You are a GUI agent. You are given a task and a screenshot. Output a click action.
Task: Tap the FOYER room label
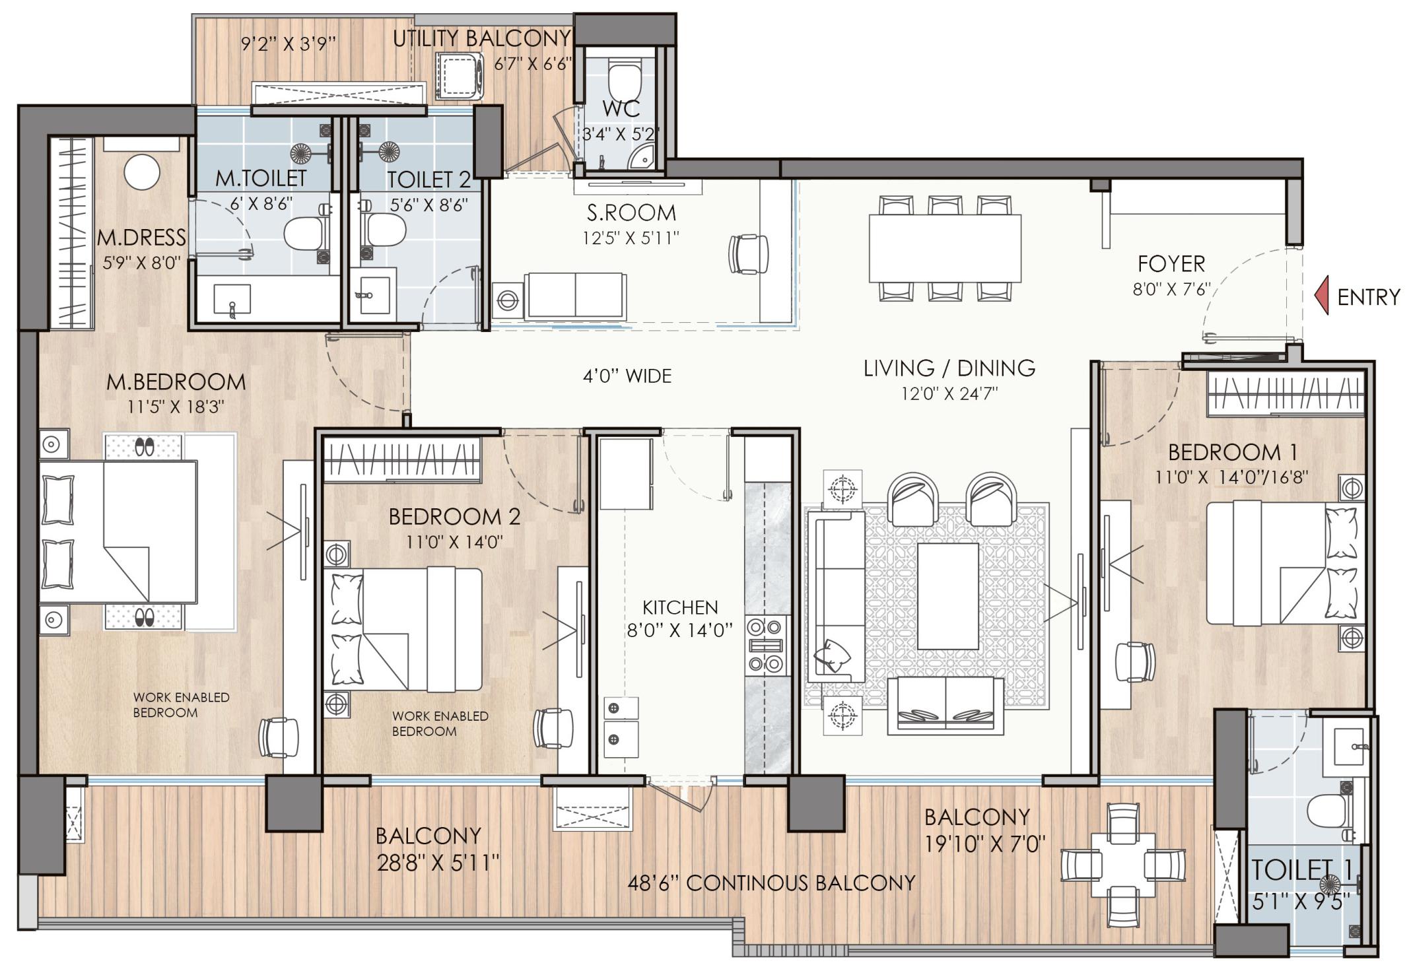point(1171,264)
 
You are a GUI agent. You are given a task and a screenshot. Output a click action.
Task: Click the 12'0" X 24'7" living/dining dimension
point(949,394)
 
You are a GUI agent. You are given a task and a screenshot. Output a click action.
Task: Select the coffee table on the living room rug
point(947,597)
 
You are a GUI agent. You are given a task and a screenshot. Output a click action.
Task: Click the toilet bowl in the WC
point(623,79)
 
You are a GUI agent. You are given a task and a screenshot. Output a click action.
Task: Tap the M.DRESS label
point(141,238)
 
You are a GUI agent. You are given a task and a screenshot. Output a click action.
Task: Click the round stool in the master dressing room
point(142,172)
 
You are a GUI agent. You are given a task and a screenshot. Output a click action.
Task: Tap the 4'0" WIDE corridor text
point(627,376)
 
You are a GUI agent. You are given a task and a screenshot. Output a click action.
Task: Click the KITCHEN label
point(679,607)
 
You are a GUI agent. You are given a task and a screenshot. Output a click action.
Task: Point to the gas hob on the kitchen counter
point(767,645)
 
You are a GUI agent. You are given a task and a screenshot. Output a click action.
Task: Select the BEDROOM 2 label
point(454,516)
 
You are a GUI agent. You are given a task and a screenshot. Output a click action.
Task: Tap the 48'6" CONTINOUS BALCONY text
point(771,883)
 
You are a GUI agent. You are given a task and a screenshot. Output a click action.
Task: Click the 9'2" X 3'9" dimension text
point(289,44)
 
